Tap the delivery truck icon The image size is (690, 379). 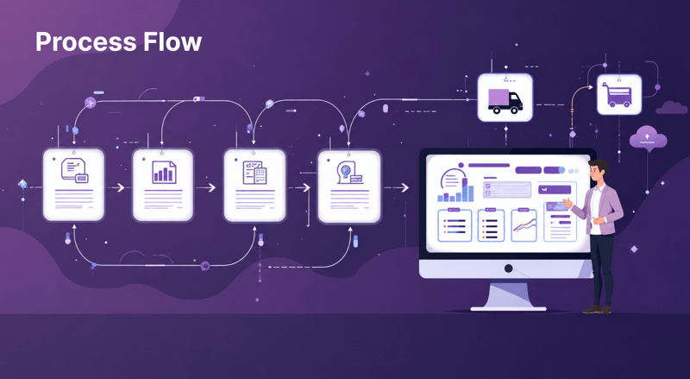tap(505, 101)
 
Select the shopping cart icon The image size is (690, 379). tap(619, 95)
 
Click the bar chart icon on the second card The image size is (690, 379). tap(164, 172)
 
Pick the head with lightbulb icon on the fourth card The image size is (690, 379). tap(349, 173)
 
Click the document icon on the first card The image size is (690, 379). tap(75, 171)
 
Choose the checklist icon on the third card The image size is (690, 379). tap(254, 173)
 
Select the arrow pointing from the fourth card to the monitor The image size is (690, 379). tap(397, 187)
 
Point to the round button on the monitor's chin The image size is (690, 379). tap(508, 268)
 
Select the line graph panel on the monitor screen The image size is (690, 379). tap(524, 225)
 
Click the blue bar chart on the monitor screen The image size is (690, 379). tap(455, 192)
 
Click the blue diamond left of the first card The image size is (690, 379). tap(23, 184)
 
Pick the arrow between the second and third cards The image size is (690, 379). tap(206, 187)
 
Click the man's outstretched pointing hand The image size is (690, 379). tap(568, 203)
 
